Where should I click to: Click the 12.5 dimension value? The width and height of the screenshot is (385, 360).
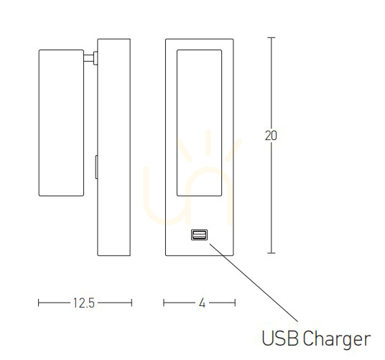84,303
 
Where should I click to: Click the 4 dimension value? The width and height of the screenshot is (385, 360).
202,303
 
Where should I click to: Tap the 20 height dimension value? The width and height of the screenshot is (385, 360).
271,136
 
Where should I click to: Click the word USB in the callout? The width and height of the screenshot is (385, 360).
280,338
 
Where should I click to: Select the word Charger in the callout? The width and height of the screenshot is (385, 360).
336,340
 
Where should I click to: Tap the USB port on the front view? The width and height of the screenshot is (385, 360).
199,235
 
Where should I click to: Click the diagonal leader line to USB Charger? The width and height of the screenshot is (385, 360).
254,282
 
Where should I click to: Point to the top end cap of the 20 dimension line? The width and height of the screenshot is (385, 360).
271,37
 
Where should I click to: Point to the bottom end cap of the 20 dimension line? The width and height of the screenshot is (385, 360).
271,253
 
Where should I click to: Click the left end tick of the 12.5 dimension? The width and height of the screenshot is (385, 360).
39,303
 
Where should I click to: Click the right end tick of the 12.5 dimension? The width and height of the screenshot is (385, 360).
131,303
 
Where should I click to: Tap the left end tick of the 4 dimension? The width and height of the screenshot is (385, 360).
164,303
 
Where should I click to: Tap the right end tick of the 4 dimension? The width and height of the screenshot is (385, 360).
235,303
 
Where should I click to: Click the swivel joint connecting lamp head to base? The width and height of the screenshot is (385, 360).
91,58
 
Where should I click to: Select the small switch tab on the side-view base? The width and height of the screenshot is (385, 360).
96,167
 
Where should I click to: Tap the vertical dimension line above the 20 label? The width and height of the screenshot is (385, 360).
271,83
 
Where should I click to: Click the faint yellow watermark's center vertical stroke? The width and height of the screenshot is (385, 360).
208,142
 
